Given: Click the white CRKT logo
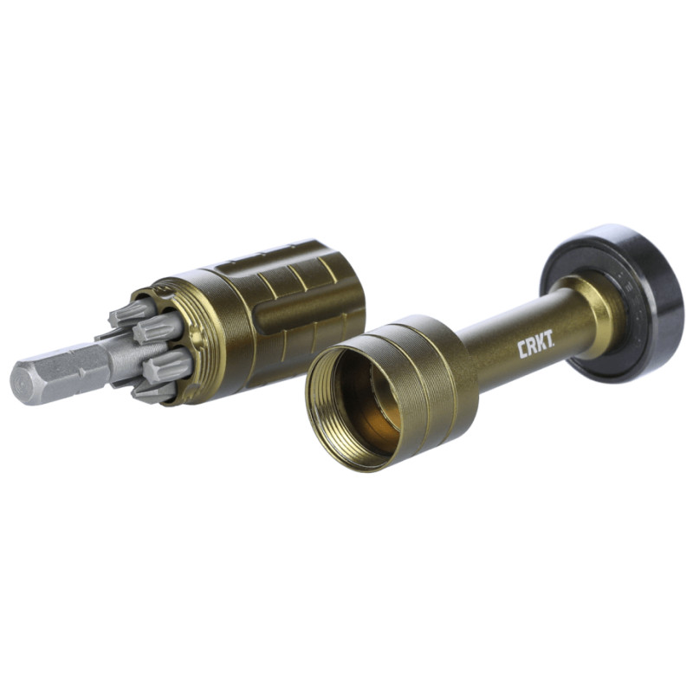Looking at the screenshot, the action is [x=535, y=348].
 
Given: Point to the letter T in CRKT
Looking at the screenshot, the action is [x=548, y=344].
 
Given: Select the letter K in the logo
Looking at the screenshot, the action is [x=540, y=346].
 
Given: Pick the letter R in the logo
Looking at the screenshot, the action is [x=531, y=349].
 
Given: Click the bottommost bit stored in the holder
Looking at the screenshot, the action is [x=151, y=392].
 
